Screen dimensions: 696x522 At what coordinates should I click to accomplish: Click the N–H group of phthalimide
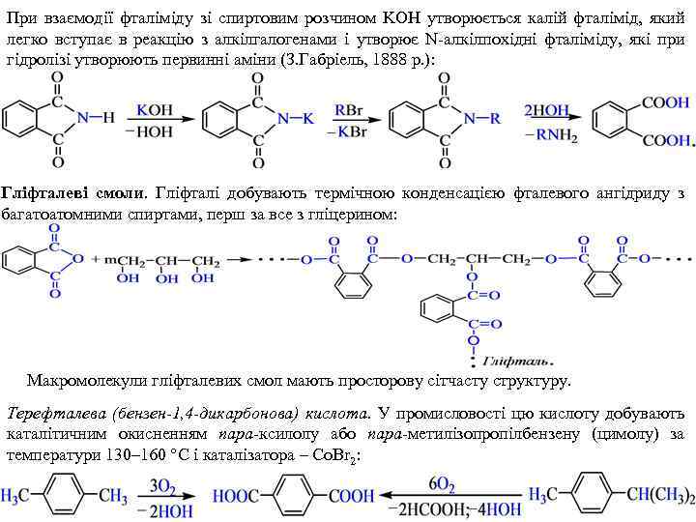click(x=95, y=118)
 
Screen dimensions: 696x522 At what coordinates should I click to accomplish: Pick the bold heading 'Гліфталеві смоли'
click(x=73, y=193)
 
